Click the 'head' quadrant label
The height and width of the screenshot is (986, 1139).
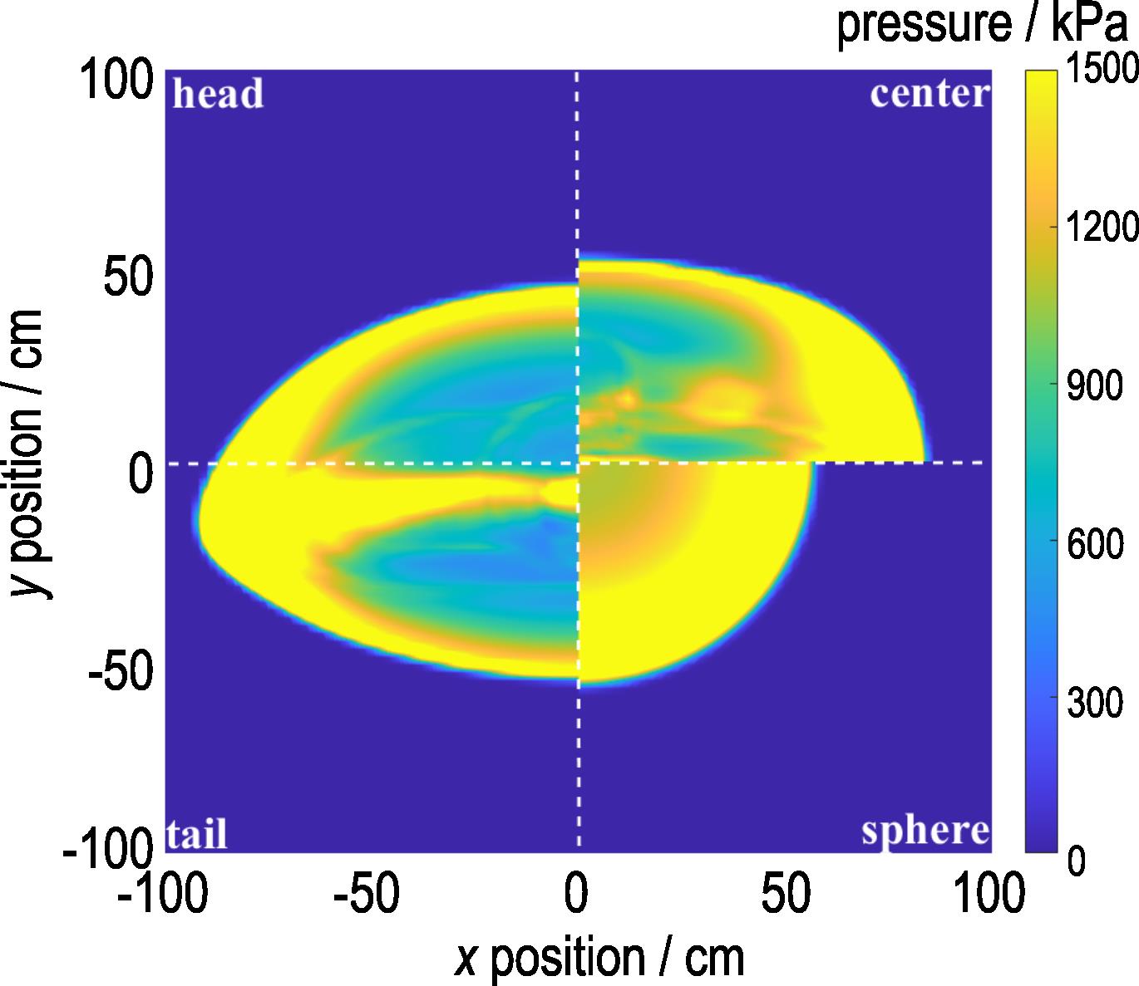[218, 94]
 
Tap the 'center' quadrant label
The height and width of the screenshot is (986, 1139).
[930, 94]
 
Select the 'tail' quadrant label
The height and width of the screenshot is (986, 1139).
[198, 834]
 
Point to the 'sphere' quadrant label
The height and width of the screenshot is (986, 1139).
[925, 830]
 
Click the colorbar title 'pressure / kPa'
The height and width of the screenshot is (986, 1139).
[985, 26]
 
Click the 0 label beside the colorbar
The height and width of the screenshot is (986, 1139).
[1076, 861]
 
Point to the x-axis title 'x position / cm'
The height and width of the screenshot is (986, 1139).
[599, 958]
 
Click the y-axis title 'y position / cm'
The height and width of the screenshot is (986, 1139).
[28, 453]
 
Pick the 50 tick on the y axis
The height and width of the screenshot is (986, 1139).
[129, 278]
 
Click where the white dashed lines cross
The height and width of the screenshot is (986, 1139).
[578, 463]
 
